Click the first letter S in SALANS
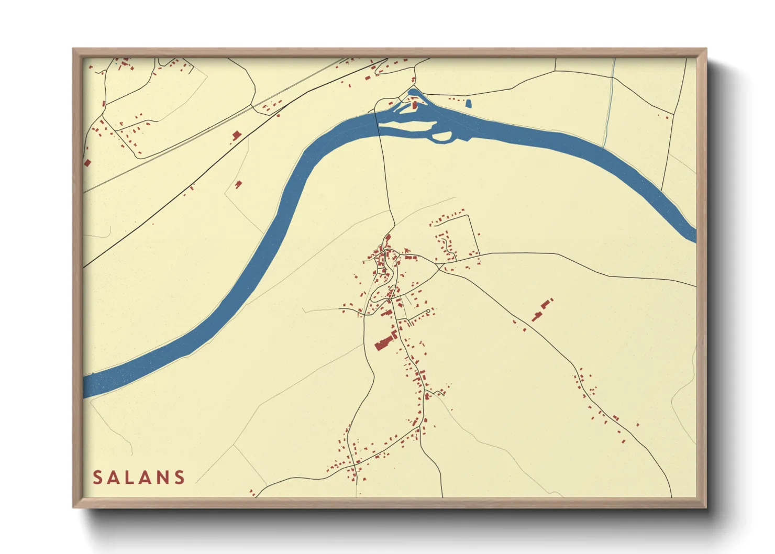coord(98,478)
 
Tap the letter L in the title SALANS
coord(133,478)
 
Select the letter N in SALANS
coord(163,478)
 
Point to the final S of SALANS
coord(180,478)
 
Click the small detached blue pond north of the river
coord(468,104)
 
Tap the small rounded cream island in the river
coord(442,137)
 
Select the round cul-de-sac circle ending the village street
coord(428,311)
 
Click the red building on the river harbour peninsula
coord(415,105)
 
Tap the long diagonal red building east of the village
coord(542,309)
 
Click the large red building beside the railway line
coord(236,136)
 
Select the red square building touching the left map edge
coord(87,163)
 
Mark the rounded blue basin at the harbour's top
coord(413,93)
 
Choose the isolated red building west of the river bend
coord(239,184)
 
